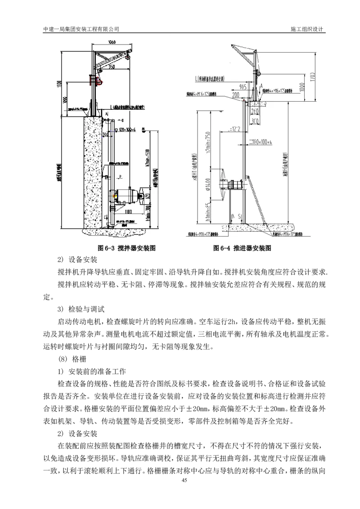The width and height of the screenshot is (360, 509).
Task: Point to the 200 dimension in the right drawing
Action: [236, 96]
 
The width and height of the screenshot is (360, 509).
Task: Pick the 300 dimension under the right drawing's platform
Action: [255, 121]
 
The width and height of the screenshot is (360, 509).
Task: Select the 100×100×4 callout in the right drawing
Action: [263, 142]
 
